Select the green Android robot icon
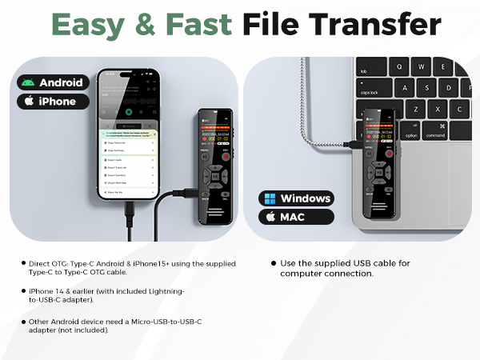tap(29, 82)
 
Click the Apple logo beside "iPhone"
tap(29, 102)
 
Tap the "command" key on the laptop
tap(436, 134)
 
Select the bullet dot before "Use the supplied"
tap(274, 262)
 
